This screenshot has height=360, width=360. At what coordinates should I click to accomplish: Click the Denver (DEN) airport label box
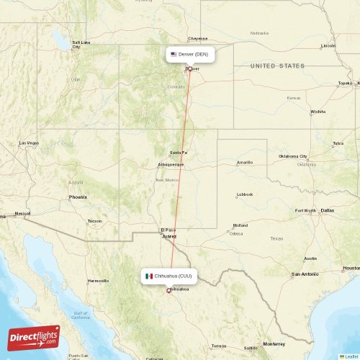(x=190, y=54)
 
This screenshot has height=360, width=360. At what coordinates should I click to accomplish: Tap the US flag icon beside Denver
(x=174, y=54)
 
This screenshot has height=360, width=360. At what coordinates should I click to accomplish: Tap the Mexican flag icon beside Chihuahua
(x=149, y=276)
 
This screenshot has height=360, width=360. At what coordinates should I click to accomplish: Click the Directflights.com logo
(x=34, y=337)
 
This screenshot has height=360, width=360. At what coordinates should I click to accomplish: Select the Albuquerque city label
(x=171, y=165)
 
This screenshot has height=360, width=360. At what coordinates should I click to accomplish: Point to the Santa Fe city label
(x=179, y=153)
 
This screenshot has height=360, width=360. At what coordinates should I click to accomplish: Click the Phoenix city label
(x=78, y=197)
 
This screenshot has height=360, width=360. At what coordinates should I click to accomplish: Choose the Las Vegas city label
(x=29, y=143)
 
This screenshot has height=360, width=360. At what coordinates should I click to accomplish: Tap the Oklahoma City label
(x=293, y=156)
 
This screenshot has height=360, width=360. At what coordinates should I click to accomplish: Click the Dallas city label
(x=328, y=210)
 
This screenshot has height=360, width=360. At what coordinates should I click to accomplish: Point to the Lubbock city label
(x=245, y=194)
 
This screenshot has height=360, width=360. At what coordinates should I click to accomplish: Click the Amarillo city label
(x=245, y=162)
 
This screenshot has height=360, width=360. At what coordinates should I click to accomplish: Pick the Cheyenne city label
(x=198, y=39)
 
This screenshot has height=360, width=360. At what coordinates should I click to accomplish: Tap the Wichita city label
(x=318, y=112)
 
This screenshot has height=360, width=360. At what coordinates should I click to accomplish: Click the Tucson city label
(x=94, y=220)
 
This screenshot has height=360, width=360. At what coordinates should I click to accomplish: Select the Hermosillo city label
(x=98, y=280)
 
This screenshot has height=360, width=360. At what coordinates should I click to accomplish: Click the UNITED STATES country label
(x=277, y=66)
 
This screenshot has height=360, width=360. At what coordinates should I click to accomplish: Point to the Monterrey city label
(x=274, y=343)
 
